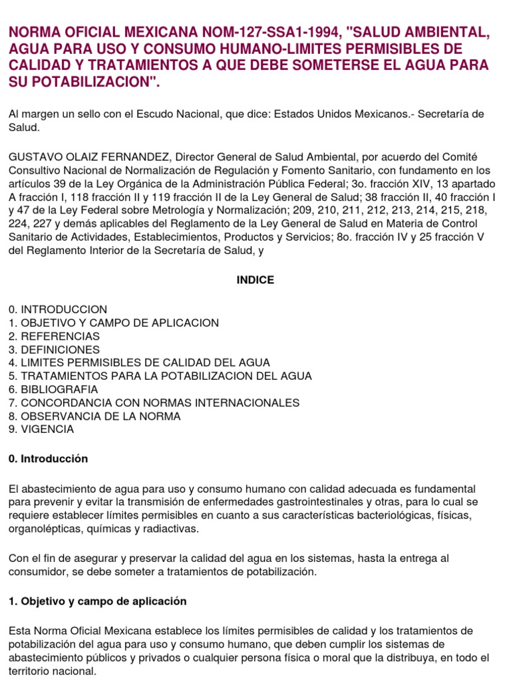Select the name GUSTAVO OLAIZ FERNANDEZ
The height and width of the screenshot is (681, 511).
pyautogui.click(x=88, y=156)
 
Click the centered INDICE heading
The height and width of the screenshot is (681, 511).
pyautogui.click(x=255, y=280)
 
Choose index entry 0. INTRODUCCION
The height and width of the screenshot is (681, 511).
pyautogui.click(x=58, y=310)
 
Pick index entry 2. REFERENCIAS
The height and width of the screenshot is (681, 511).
pyautogui.click(x=54, y=337)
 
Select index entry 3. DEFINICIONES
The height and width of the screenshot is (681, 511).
pyautogui.click(x=54, y=350)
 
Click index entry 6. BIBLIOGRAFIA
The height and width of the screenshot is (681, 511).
pyautogui.click(x=53, y=390)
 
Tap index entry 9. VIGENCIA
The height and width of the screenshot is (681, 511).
pyautogui.click(x=41, y=430)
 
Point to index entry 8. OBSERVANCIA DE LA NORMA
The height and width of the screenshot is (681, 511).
pyautogui.click(x=94, y=416)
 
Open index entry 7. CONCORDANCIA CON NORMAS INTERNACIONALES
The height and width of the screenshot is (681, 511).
pyautogui.click(x=154, y=403)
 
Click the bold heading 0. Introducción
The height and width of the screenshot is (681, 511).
pyautogui.click(x=48, y=459)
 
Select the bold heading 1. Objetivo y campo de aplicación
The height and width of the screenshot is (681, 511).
pyautogui.click(x=98, y=601)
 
